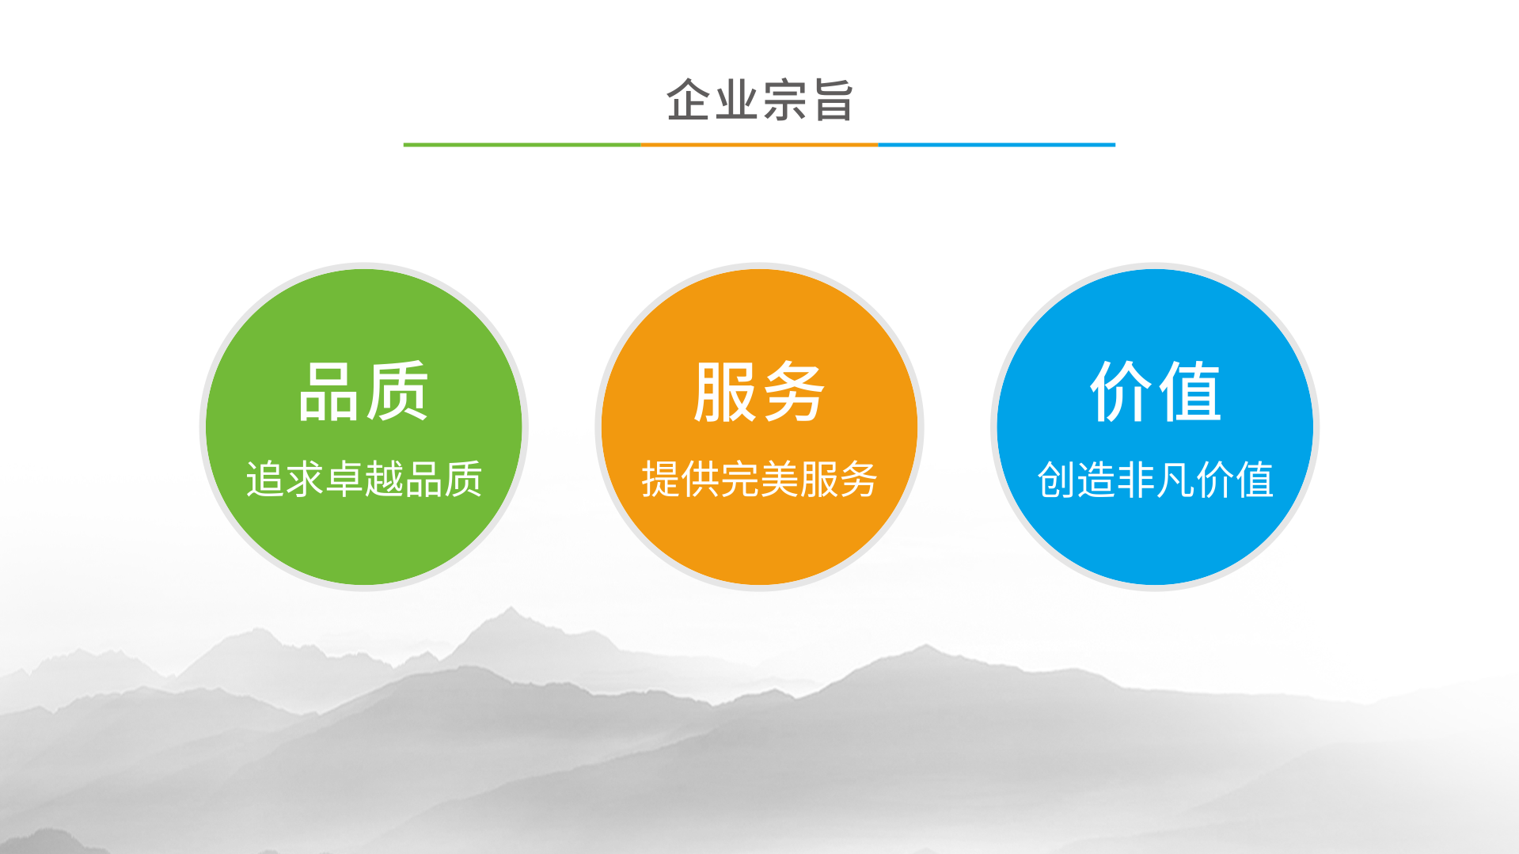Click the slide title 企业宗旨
[759, 100]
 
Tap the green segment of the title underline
[522, 145]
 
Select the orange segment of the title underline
[759, 145]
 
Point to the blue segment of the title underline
[997, 145]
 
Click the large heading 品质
[363, 391]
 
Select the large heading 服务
[759, 391]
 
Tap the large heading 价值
[1155, 391]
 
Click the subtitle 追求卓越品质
[363, 479]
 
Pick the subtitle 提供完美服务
[759, 479]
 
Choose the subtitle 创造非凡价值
[1155, 479]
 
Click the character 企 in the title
[689, 100]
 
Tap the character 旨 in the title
[831, 100]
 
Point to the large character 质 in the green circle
[397, 391]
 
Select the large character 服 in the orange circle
[725, 391]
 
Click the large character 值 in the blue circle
[1189, 391]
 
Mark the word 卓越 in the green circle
[363, 479]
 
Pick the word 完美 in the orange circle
[759, 479]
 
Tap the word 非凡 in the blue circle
[1155, 479]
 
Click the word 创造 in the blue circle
[1077, 479]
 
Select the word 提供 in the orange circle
[681, 479]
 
